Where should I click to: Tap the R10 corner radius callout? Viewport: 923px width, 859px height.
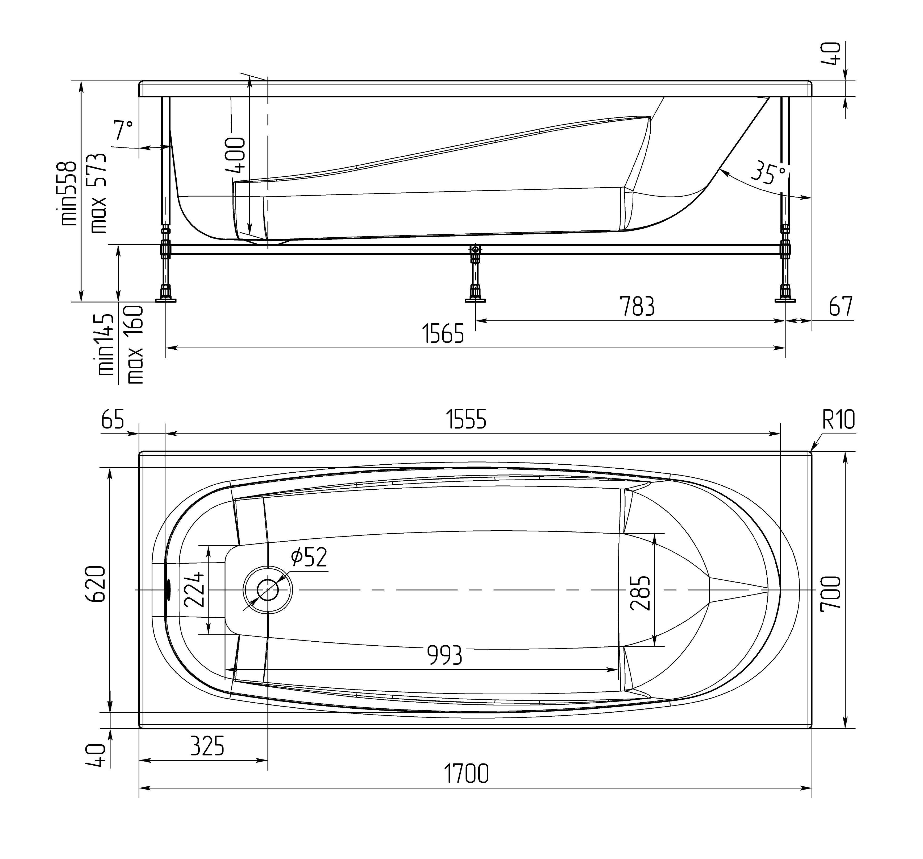tap(838, 420)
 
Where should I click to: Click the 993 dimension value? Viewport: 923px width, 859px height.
tap(444, 655)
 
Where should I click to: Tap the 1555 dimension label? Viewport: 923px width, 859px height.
tap(466, 420)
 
